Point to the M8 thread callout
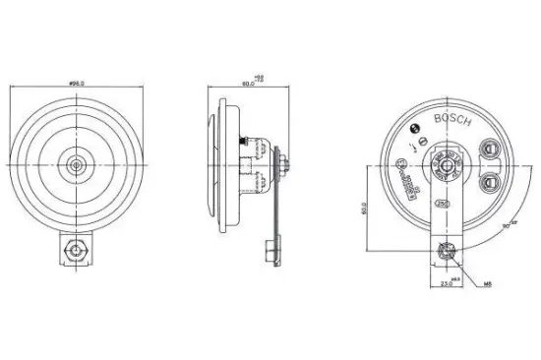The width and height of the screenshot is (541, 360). coord(486,283)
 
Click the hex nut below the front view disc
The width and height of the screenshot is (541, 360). coord(75,251)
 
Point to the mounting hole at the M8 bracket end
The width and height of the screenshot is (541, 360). coord(447,251)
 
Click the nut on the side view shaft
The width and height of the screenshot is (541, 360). coord(282,163)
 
